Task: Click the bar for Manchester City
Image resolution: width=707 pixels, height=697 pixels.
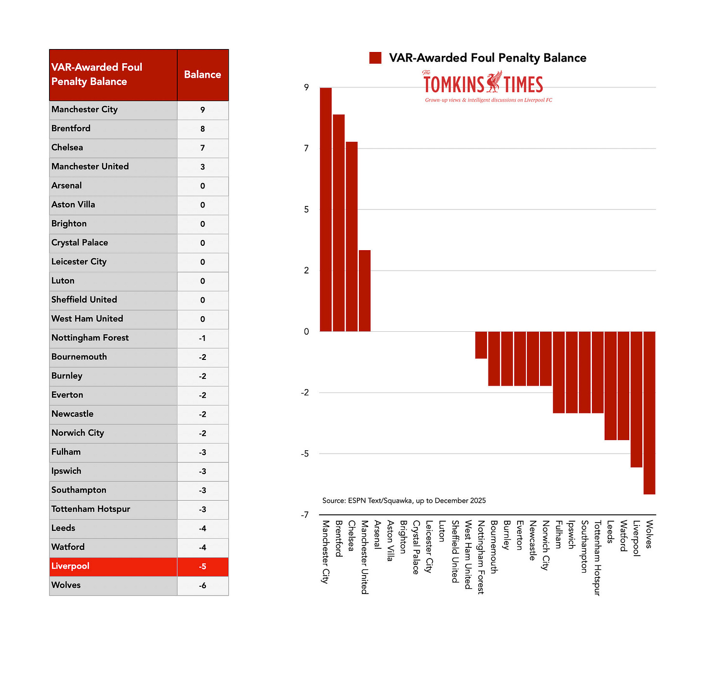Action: click(326, 209)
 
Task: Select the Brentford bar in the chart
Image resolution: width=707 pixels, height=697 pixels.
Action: click(339, 223)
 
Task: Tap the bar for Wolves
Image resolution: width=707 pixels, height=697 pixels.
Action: click(649, 413)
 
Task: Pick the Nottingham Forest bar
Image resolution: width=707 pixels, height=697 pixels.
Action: click(481, 345)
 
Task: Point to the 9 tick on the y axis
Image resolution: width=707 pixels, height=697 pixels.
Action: click(306, 87)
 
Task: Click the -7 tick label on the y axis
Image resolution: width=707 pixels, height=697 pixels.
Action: click(305, 515)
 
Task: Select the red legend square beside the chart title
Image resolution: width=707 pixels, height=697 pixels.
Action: click(375, 58)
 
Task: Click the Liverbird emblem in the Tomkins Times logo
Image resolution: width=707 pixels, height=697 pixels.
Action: click(494, 82)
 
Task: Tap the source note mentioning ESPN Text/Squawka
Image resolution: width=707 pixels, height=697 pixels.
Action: click(404, 501)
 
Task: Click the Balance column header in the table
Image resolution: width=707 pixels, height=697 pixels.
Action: click(202, 75)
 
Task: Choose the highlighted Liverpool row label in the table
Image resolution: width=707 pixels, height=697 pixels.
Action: click(70, 566)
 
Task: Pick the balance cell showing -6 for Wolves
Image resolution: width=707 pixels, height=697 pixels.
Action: click(202, 586)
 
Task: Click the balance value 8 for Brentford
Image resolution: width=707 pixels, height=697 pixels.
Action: click(202, 129)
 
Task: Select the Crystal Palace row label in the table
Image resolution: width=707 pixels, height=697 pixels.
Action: click(80, 243)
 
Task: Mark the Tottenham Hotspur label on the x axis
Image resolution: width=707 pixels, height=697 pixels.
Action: click(598, 558)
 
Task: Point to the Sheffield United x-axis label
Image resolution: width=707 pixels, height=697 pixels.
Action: click(455, 552)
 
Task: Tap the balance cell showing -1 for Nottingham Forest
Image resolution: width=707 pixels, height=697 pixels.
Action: click(202, 339)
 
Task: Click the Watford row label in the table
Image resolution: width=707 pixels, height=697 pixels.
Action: click(68, 547)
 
